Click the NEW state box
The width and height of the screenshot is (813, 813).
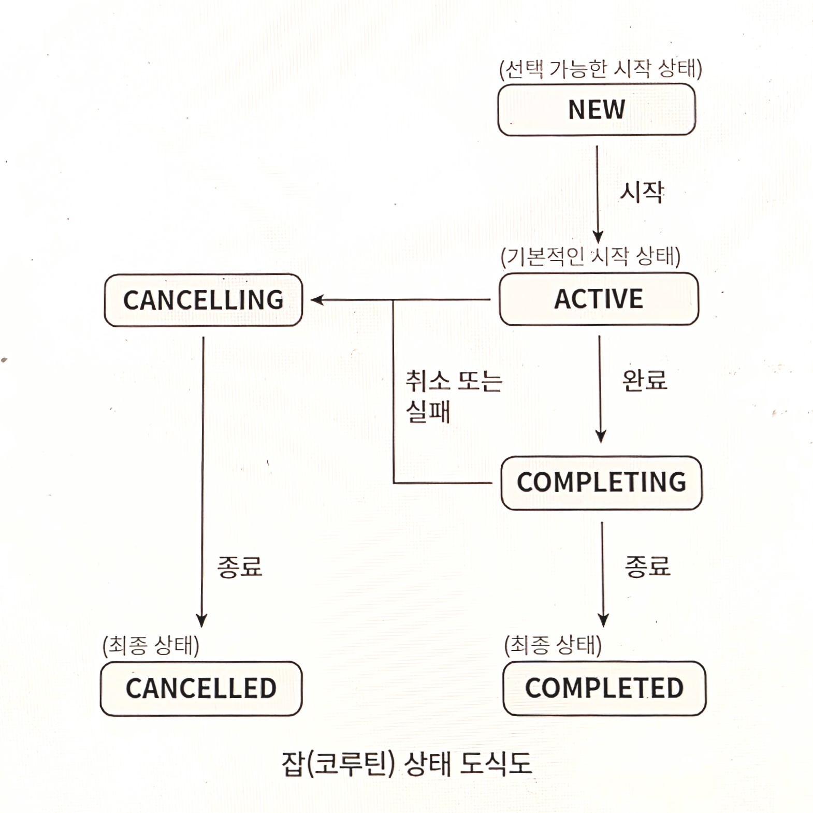[x=596, y=110]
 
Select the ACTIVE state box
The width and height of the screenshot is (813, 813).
[x=599, y=299]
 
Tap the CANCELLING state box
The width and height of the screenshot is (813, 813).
[x=203, y=300]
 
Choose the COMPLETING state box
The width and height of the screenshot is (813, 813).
[x=601, y=483]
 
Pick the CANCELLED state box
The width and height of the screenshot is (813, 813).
[x=201, y=688]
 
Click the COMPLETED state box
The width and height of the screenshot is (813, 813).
[x=604, y=688]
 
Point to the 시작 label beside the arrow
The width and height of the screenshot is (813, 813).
[x=642, y=192]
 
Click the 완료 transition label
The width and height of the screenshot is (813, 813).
[x=645, y=381]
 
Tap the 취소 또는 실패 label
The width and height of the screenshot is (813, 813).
[x=453, y=396]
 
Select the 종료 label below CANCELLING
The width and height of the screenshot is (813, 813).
[x=240, y=567]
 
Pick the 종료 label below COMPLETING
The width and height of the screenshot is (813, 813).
[x=647, y=566]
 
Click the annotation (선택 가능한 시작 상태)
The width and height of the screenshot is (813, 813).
[x=600, y=69]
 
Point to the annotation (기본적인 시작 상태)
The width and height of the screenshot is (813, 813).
[x=590, y=256]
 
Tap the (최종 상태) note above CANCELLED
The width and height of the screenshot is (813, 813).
[x=151, y=646]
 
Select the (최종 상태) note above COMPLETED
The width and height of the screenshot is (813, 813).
[x=553, y=645]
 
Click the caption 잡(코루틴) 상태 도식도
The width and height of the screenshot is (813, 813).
[x=406, y=763]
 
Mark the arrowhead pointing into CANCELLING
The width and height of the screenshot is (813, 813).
[x=316, y=300]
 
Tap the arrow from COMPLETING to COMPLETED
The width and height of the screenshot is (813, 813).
[x=602, y=570]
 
